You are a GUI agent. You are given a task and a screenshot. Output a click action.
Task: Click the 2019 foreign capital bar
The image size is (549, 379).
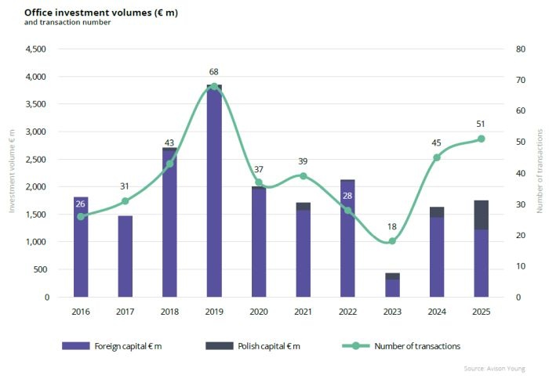(214, 192)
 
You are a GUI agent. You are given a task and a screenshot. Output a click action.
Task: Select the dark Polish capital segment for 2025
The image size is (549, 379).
(481, 215)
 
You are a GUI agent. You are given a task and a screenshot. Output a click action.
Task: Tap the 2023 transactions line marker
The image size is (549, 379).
(392, 241)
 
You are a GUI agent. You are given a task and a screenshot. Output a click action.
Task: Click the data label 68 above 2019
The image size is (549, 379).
(213, 72)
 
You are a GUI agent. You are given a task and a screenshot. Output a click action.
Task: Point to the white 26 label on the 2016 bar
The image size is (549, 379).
(80, 204)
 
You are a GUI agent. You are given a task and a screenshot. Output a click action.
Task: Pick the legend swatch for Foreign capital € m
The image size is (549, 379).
(75, 346)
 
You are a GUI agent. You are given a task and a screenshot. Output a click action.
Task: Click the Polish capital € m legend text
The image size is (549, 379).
(269, 346)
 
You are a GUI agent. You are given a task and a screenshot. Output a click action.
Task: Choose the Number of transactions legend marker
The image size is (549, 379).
(356, 346)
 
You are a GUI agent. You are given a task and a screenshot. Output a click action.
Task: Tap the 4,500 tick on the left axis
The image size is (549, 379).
(36, 49)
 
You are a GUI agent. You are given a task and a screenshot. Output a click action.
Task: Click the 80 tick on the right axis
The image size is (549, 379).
(521, 49)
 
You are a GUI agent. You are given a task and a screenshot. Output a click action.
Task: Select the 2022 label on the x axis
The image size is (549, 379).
(347, 312)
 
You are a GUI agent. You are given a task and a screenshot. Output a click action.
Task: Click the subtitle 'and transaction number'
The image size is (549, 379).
(67, 23)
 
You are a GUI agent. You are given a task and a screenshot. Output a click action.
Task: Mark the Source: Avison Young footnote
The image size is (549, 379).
(494, 368)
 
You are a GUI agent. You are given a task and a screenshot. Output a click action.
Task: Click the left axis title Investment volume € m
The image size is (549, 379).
(12, 171)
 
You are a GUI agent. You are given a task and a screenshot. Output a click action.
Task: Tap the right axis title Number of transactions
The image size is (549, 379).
(540, 171)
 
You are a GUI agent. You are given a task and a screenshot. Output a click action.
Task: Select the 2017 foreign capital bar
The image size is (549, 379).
(125, 256)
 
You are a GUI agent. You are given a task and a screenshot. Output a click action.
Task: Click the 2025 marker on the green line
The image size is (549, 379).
(481, 139)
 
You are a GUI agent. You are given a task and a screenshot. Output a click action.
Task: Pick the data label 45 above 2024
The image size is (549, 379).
(436, 143)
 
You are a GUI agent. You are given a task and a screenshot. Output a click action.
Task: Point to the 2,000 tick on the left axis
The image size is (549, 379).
(36, 186)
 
